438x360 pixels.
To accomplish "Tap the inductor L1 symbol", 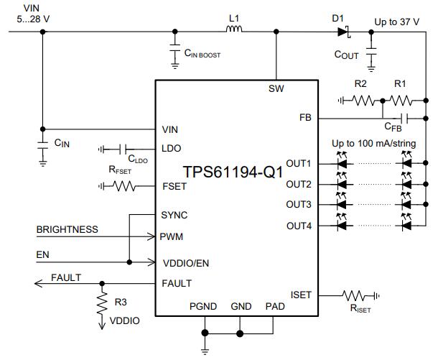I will click(x=234, y=31).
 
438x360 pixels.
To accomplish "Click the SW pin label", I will click(x=275, y=89).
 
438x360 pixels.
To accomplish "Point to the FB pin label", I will click(x=304, y=118).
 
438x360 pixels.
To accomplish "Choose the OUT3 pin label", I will click(x=298, y=205).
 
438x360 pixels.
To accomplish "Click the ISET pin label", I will click(x=301, y=295).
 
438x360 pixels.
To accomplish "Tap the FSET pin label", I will click(x=175, y=186).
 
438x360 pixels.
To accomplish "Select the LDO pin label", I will click(x=173, y=149).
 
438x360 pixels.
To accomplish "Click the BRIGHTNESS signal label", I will click(x=67, y=230).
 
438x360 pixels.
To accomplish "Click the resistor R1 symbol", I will click(x=400, y=101).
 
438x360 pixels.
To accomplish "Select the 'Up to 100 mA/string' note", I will click(x=373, y=144).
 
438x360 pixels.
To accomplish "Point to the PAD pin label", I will click(x=275, y=307).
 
